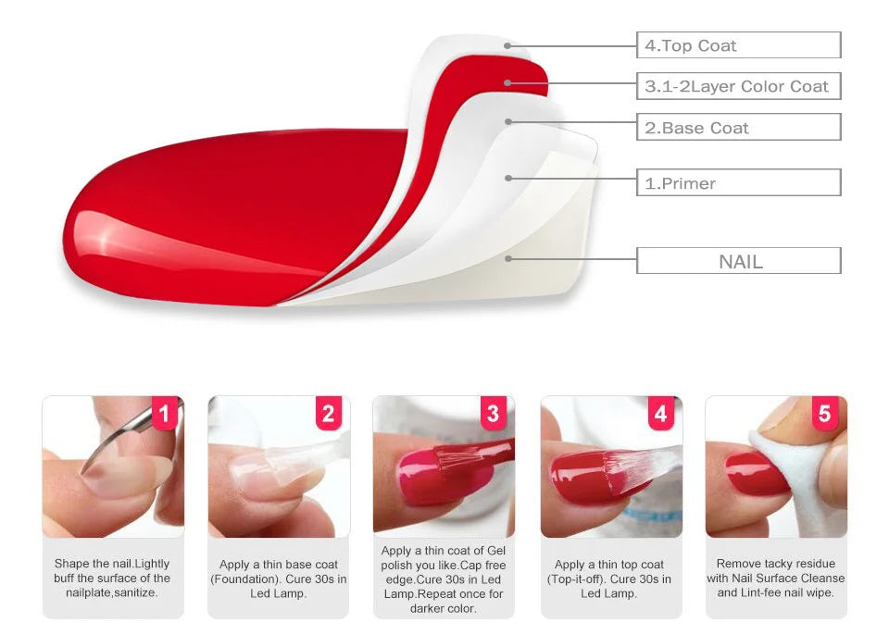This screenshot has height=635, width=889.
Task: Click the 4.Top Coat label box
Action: pyautogui.click(x=738, y=45)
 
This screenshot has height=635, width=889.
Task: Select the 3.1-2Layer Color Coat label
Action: pyautogui.click(x=738, y=86)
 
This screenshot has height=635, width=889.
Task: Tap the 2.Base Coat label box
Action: pyautogui.click(x=738, y=128)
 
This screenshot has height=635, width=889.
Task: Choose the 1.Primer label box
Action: pyautogui.click(x=738, y=183)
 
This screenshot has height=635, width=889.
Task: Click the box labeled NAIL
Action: pyautogui.click(x=738, y=261)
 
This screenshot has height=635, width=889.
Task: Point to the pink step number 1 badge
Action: pyautogui.click(x=164, y=414)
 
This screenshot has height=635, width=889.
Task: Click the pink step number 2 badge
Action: pyautogui.click(x=329, y=414)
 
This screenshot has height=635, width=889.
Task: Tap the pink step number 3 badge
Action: pyautogui.click(x=493, y=414)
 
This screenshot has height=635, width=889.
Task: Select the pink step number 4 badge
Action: pyautogui.click(x=659, y=414)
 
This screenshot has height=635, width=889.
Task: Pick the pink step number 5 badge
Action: pyautogui.click(x=824, y=414)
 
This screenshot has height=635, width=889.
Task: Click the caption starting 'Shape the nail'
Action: pyautogui.click(x=112, y=578)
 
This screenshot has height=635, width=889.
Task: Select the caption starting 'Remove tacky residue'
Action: pyautogui.click(x=776, y=578)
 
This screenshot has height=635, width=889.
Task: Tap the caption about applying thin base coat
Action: pyautogui.click(x=278, y=579)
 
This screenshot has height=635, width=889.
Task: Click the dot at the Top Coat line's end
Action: pyautogui.click(x=507, y=45)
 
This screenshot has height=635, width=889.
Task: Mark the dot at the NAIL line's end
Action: pyautogui.click(x=507, y=258)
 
